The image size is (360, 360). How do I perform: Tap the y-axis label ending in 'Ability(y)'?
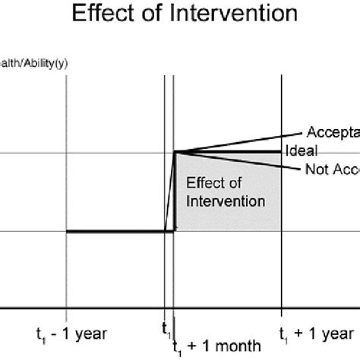pos(34,63)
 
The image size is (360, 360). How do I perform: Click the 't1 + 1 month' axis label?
pos(216,345)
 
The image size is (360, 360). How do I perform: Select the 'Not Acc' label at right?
pos(333,169)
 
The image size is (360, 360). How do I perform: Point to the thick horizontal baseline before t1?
pos(114,232)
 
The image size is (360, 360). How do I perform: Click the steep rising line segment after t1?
pos(171,194)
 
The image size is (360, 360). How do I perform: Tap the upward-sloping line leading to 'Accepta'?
pos(243,144)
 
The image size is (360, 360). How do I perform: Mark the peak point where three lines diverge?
pos(175,152)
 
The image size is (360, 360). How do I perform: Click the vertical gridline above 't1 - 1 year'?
pos(67,152)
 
